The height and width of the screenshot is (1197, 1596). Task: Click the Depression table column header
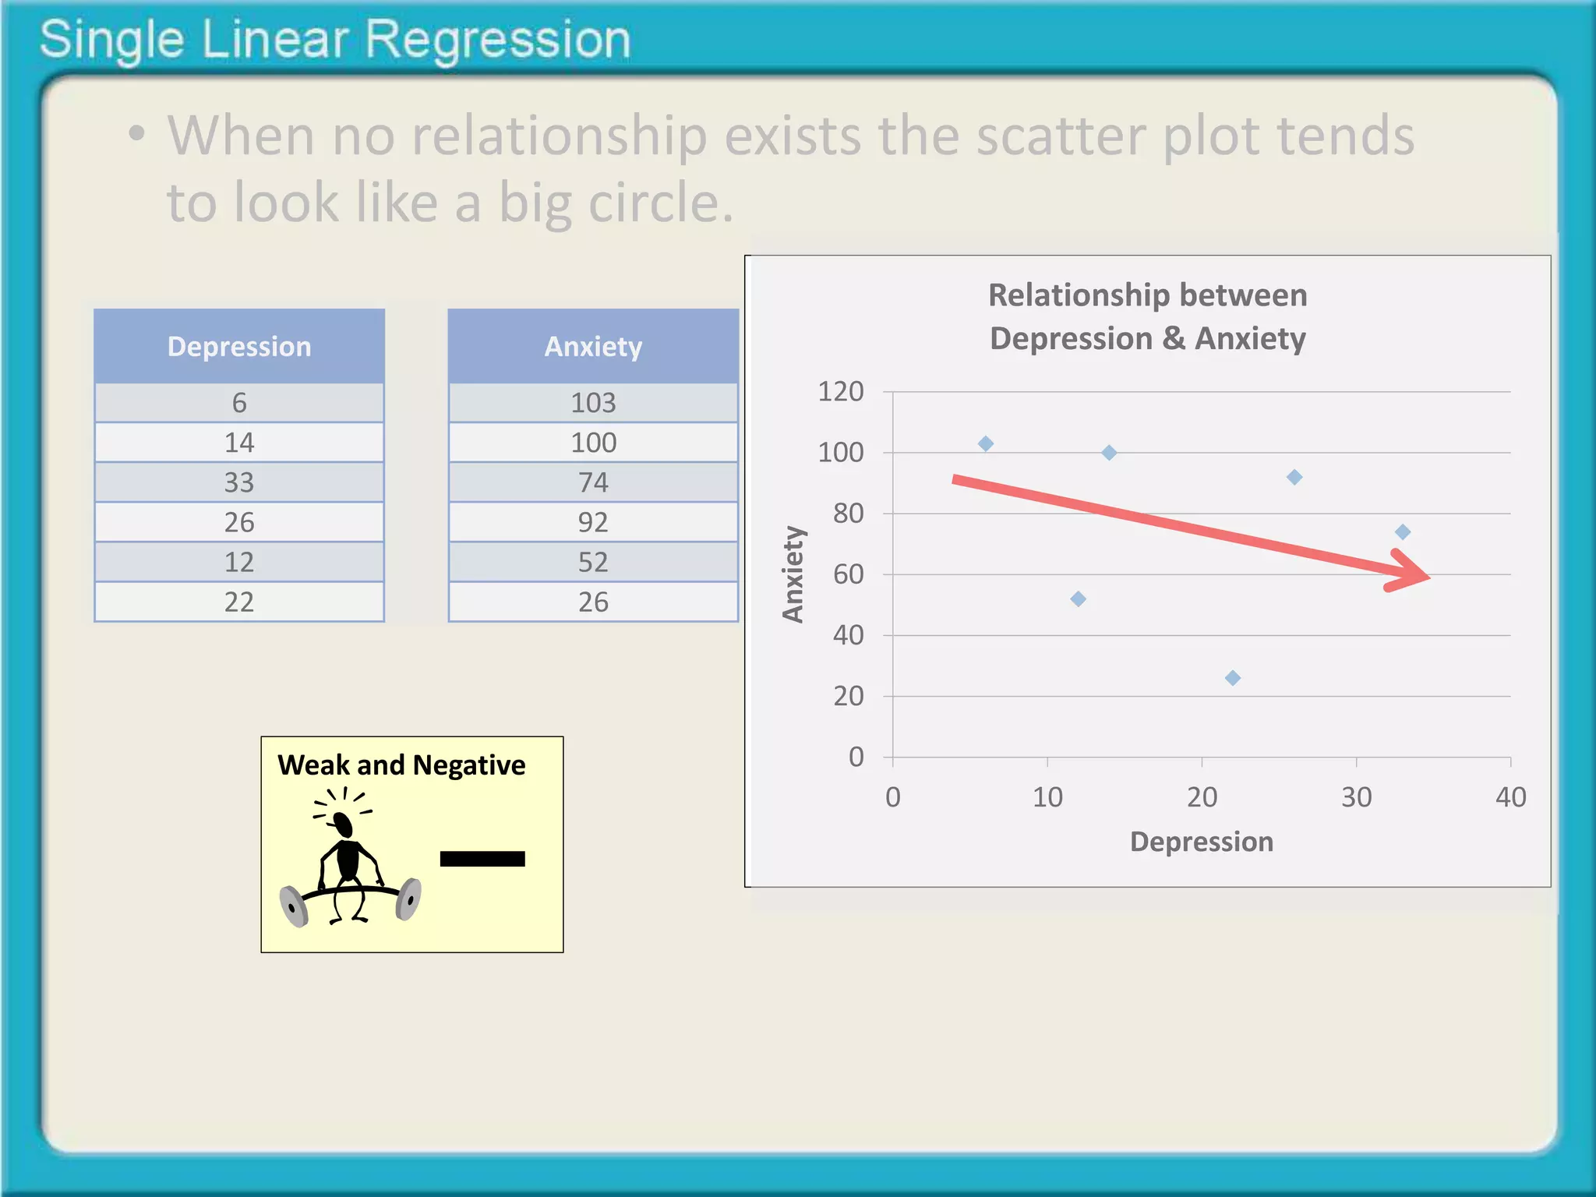coord(239,347)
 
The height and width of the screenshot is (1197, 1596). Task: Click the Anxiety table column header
coord(593,347)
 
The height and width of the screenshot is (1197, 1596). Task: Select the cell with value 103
coord(593,403)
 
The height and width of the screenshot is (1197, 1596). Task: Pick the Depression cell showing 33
coord(239,482)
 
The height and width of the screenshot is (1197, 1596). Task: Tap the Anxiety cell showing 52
coord(593,562)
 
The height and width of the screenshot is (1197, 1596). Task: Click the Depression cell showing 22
coord(239,602)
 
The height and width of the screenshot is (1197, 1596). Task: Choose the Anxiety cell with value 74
coord(593,482)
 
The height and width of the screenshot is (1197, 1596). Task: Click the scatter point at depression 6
coord(986,443)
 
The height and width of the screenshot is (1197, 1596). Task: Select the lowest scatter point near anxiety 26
coord(1233,678)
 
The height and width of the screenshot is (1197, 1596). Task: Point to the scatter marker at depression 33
coord(1403,532)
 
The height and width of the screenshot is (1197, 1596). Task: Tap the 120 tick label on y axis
coord(840,391)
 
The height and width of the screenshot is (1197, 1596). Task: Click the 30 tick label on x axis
coord(1356,797)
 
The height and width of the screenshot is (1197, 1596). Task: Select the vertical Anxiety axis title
coord(793,574)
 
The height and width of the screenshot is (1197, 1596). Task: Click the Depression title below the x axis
coord(1201,842)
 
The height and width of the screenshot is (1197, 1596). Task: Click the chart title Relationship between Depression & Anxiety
coord(1147,316)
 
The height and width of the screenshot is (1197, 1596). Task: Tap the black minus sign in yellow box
coord(482,859)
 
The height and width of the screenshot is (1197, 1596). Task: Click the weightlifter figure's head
coord(343,822)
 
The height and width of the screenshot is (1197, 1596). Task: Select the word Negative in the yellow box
coord(468,765)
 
